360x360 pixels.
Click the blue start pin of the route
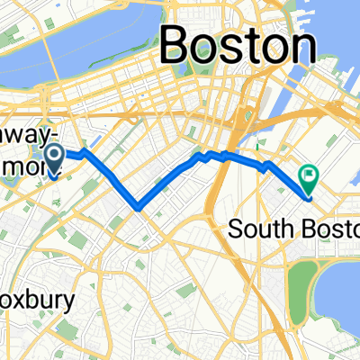tap(54, 158)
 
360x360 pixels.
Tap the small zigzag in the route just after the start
tap(86, 154)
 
